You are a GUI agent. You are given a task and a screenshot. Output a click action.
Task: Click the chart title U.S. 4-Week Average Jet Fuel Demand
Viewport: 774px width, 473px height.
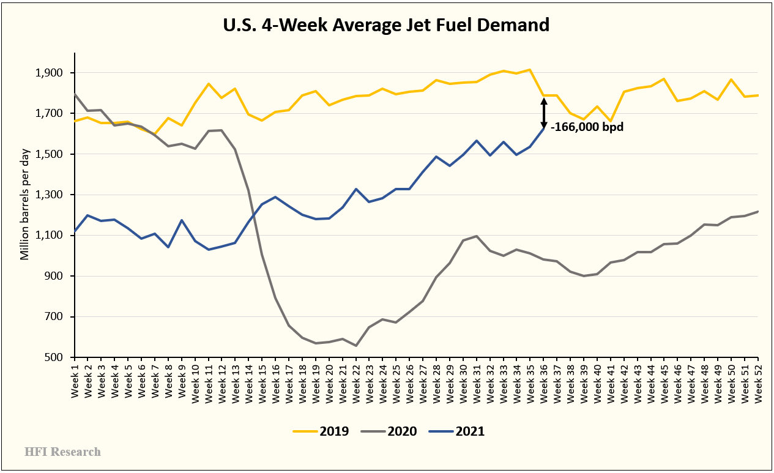386,25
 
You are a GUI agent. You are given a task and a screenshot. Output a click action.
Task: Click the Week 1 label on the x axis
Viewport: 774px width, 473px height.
75,381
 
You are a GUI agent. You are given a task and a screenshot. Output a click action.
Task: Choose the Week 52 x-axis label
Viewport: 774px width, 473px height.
758,381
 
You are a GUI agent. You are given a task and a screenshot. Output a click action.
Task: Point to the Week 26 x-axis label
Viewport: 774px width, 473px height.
411,381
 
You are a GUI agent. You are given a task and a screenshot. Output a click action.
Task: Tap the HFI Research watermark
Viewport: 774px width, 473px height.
62,452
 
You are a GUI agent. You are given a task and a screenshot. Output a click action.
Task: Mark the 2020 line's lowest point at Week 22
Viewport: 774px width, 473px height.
356,346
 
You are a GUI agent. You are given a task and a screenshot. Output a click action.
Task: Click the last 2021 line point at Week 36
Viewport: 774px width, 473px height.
544,128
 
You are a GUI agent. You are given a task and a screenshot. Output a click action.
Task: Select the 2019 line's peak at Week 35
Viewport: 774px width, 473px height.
530,70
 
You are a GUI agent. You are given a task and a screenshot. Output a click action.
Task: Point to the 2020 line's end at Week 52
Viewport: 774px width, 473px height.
758,212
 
